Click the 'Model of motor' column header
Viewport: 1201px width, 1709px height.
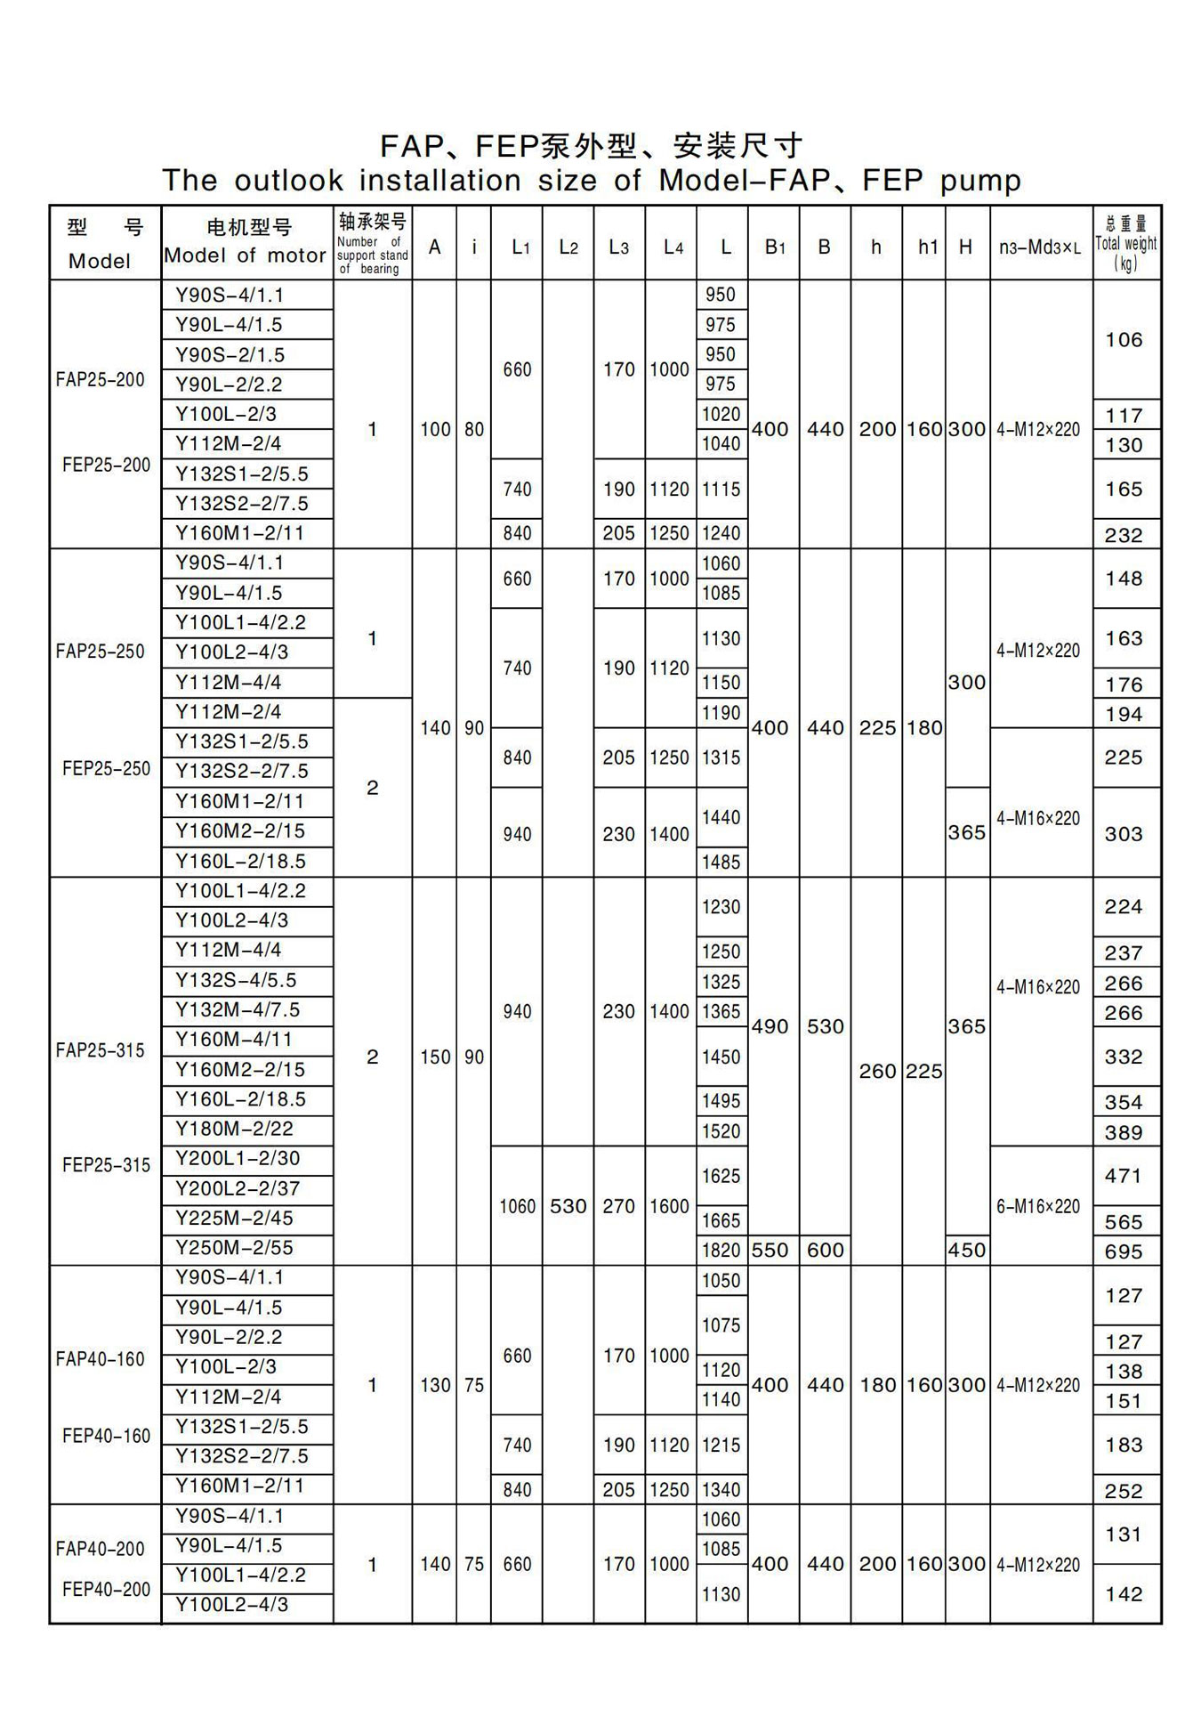point(246,255)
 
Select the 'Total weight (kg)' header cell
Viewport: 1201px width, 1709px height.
point(1125,243)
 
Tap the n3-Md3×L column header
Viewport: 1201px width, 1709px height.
point(1039,247)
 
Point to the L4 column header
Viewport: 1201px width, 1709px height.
point(673,247)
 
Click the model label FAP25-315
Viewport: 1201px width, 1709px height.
point(100,1050)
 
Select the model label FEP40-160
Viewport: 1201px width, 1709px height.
point(106,1436)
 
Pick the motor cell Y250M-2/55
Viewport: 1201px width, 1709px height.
point(234,1248)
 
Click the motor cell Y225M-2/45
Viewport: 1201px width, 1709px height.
point(234,1218)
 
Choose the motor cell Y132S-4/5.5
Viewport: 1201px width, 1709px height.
point(236,980)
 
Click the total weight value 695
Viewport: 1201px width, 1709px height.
point(1123,1251)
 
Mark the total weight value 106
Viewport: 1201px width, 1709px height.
point(1124,340)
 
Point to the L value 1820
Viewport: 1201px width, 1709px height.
point(721,1250)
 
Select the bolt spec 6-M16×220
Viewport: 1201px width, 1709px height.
point(1038,1206)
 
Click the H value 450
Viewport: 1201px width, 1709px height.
point(966,1250)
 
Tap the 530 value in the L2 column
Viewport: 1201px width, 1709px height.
point(568,1206)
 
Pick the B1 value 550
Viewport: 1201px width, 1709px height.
point(770,1250)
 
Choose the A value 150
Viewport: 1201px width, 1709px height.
point(435,1057)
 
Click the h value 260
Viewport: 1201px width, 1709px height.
point(877,1071)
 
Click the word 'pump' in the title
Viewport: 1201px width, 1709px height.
point(980,181)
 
